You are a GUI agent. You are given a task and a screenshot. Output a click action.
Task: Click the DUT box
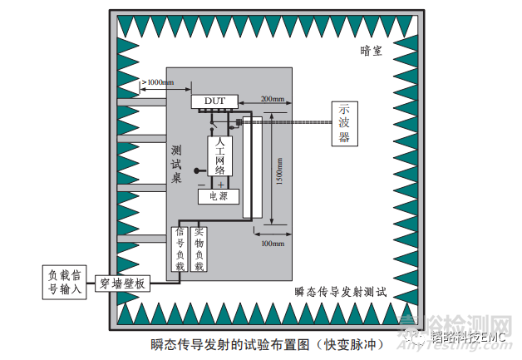(x=214, y=101)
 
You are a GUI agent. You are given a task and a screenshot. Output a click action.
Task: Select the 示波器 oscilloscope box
(x=343, y=124)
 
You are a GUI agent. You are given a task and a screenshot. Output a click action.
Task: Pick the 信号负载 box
(x=180, y=249)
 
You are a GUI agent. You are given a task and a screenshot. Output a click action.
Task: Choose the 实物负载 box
(x=199, y=249)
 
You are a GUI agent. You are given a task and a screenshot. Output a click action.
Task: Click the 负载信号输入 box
(x=64, y=281)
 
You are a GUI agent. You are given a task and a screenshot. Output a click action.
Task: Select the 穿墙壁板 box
(x=122, y=284)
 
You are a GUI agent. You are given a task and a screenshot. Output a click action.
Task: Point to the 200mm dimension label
(x=271, y=100)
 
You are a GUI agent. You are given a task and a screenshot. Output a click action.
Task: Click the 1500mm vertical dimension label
(x=279, y=170)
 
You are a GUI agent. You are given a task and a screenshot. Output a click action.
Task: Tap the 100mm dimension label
(x=271, y=244)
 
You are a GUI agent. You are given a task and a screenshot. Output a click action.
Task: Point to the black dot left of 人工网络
(x=197, y=172)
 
